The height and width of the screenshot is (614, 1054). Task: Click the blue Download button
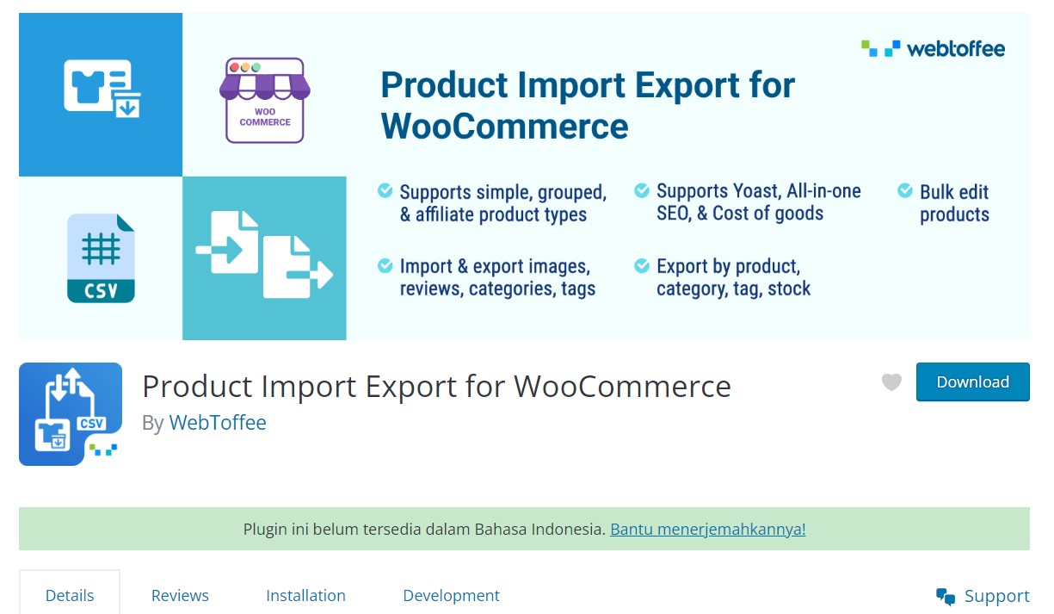point(972,381)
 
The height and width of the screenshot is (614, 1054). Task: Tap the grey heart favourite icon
point(891,381)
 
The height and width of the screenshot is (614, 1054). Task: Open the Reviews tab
point(180,596)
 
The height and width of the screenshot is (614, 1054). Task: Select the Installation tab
point(305,596)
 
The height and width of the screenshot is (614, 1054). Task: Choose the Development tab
point(451,596)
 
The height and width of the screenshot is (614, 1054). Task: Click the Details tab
point(70,596)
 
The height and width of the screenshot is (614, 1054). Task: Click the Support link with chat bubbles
point(983,596)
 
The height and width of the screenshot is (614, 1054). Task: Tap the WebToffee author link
point(218,422)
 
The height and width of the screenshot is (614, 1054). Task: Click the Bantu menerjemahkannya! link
point(707,530)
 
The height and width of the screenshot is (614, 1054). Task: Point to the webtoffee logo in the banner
point(933,49)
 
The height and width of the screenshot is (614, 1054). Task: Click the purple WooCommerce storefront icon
point(264,100)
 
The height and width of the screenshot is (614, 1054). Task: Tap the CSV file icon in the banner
point(101,258)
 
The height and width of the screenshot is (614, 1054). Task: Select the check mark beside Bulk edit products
point(905,190)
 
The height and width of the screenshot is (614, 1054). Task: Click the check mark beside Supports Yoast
point(642,190)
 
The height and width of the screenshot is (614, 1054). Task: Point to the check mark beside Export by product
point(642,265)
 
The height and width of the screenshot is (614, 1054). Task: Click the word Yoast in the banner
point(756,191)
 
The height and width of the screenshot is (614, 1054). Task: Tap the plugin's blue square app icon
point(71,414)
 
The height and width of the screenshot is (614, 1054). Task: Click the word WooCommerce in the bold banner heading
point(504,127)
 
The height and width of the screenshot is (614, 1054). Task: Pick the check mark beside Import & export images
point(385,265)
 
